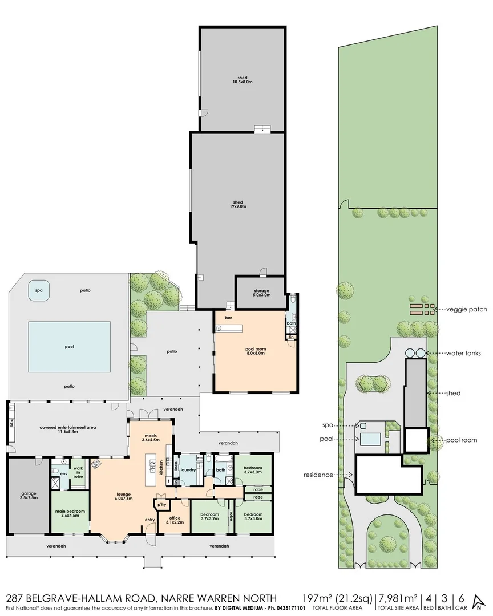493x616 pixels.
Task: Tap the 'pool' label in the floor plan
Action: click(70, 346)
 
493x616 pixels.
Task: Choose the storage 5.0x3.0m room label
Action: click(261, 293)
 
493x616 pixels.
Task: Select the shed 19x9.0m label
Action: click(238, 205)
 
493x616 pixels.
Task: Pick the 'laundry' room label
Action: click(188, 471)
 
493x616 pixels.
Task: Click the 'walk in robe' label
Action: click(78, 472)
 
